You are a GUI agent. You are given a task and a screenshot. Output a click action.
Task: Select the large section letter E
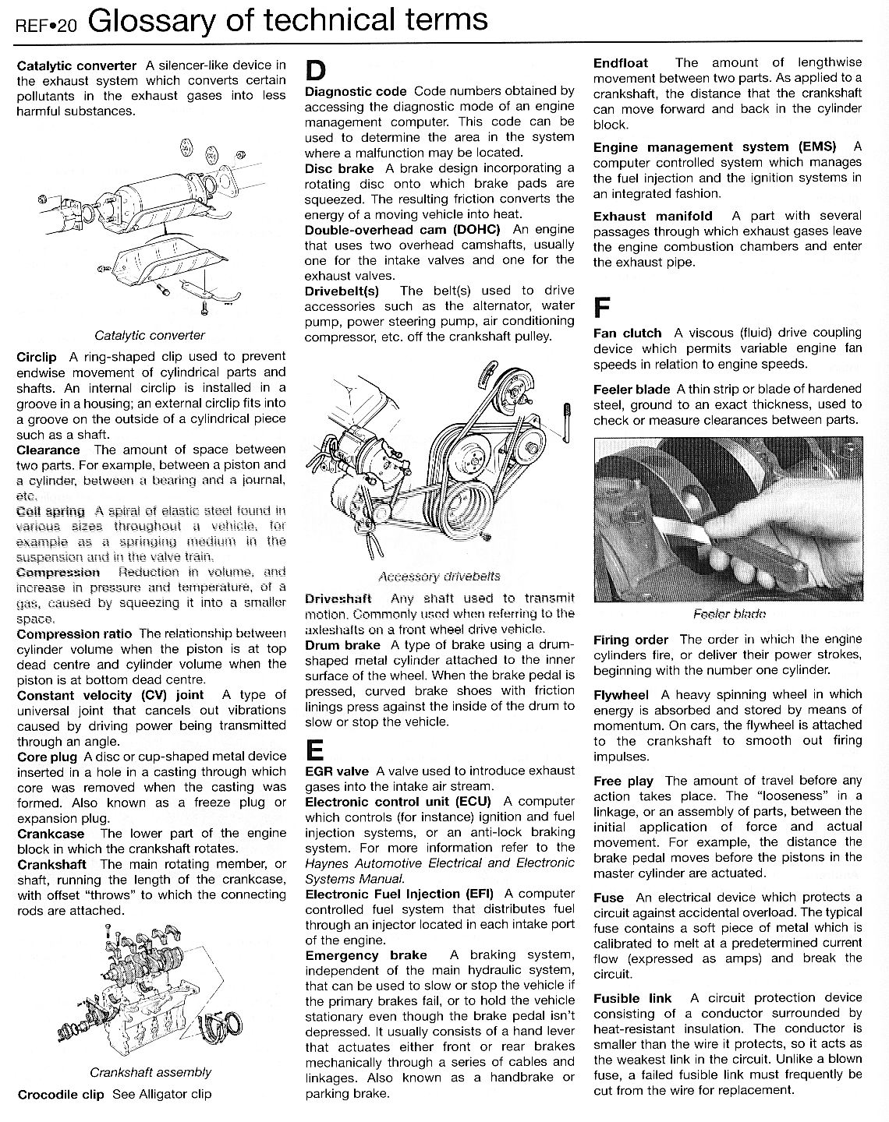(x=314, y=750)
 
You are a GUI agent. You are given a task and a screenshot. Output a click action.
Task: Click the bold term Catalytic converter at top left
(x=76, y=65)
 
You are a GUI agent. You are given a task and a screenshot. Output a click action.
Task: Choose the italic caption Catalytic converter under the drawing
(x=150, y=336)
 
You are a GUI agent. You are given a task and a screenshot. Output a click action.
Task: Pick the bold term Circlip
(x=37, y=357)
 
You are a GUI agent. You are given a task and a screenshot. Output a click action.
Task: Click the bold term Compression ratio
(x=74, y=633)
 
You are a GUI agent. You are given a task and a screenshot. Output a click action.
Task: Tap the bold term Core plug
(x=47, y=757)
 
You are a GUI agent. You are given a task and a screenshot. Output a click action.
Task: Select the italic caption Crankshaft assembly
(x=151, y=1072)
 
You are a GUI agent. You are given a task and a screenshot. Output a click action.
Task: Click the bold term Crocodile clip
(x=61, y=1094)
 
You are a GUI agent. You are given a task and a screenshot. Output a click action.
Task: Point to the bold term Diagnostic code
(x=356, y=91)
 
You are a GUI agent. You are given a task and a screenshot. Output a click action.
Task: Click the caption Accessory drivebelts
(x=438, y=577)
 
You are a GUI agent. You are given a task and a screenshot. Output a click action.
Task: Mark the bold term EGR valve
(x=337, y=771)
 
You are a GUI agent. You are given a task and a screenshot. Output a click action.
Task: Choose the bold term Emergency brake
(x=366, y=955)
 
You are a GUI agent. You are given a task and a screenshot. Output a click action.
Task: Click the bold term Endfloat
(x=621, y=63)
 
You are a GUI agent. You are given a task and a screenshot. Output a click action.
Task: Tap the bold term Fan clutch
(x=627, y=333)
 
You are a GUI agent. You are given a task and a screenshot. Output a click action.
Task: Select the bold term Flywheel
(x=621, y=694)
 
